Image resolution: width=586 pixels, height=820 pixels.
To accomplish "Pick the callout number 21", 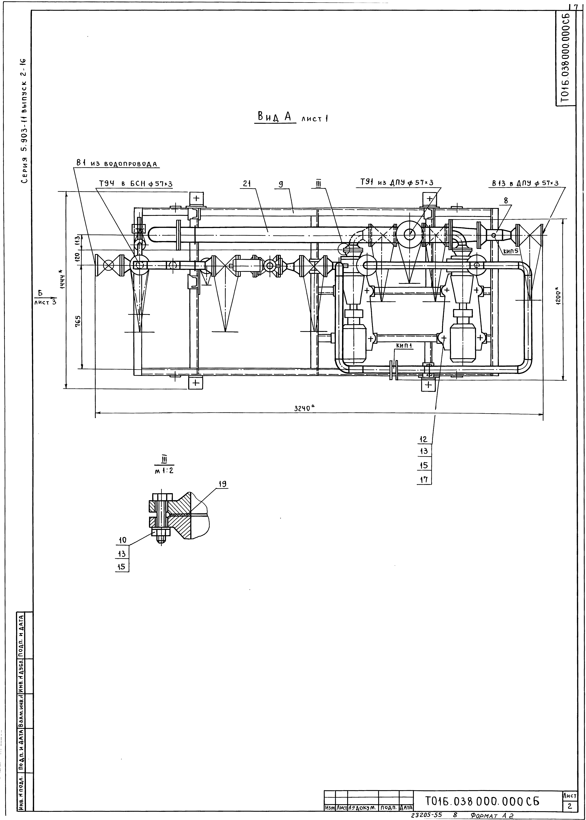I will click(x=247, y=184).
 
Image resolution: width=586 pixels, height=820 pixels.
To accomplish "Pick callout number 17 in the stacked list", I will click(x=424, y=480).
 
